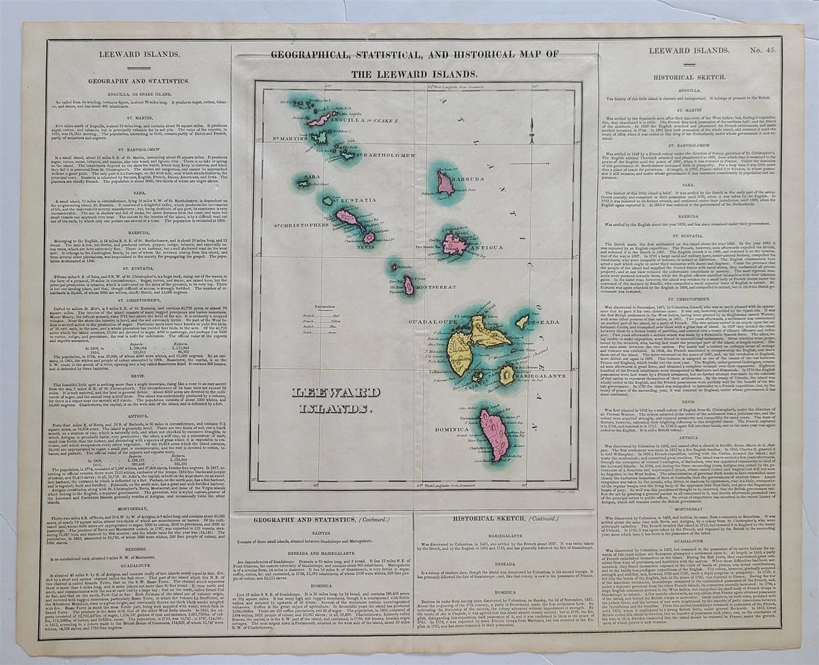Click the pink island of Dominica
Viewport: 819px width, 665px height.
click(x=494, y=434)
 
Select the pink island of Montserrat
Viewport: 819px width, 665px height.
click(x=409, y=285)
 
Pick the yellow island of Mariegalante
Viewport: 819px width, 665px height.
click(x=507, y=375)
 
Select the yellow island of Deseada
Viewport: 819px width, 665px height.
click(x=523, y=321)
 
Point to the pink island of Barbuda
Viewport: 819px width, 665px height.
click(x=445, y=182)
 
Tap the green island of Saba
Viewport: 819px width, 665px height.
click(x=304, y=182)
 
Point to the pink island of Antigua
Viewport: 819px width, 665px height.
click(x=453, y=243)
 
